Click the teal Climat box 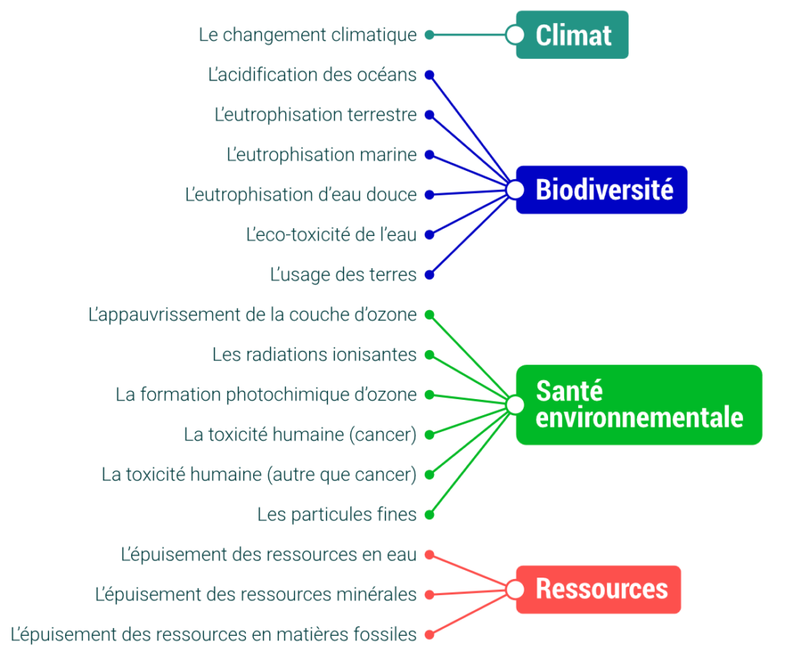click(x=572, y=34)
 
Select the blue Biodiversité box click(x=602, y=190)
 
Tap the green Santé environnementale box click(x=639, y=404)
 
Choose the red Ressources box click(x=599, y=589)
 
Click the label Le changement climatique click(x=308, y=35)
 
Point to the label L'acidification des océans click(x=313, y=74)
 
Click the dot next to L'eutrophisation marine click(x=429, y=155)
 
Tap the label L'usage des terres click(x=343, y=275)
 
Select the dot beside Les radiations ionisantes click(x=429, y=355)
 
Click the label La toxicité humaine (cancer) click(x=301, y=435)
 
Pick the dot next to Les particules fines click(x=429, y=514)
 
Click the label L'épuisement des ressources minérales click(x=256, y=594)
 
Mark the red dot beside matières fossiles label click(x=429, y=634)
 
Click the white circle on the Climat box click(x=514, y=35)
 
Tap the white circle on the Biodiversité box click(x=514, y=190)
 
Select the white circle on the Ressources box click(x=514, y=590)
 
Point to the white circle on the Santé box click(x=514, y=404)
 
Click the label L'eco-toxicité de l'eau click(x=331, y=234)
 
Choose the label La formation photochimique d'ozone click(x=266, y=395)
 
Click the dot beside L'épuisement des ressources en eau click(x=429, y=555)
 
